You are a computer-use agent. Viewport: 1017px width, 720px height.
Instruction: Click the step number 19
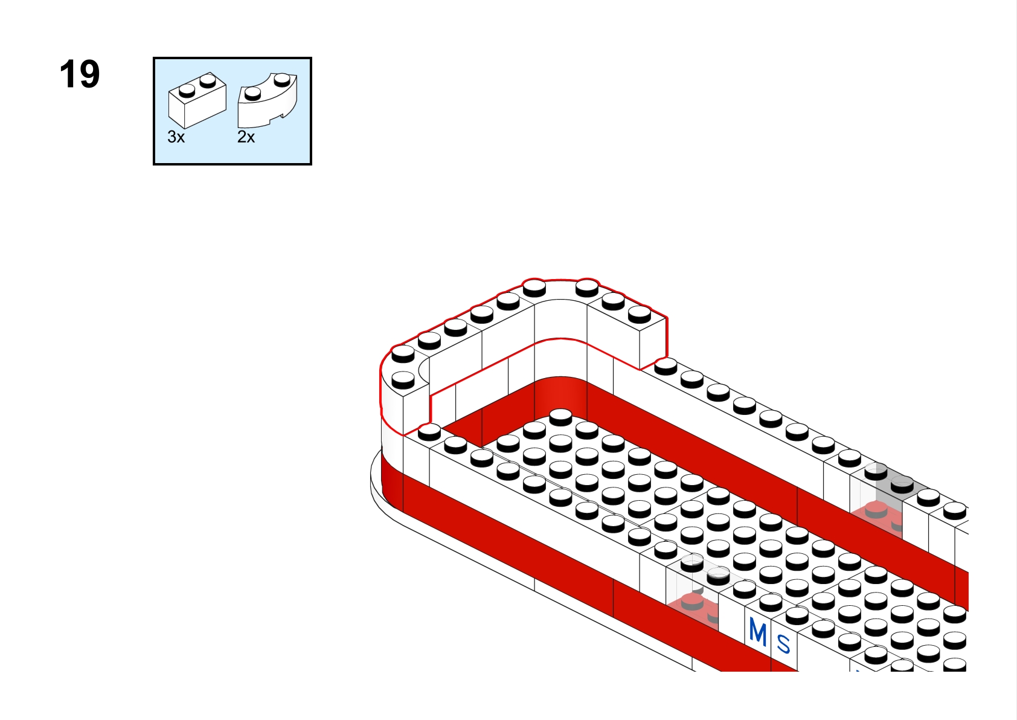(80, 74)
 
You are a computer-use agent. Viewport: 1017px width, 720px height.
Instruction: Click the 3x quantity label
(176, 137)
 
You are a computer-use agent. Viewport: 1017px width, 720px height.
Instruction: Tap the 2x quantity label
(246, 137)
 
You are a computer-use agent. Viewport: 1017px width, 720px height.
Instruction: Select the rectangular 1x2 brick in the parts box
(197, 100)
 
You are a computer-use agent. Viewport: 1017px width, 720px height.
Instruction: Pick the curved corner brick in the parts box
(268, 100)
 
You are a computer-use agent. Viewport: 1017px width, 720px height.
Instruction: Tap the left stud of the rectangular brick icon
(187, 91)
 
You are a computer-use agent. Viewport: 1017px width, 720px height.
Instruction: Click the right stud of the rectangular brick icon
(208, 81)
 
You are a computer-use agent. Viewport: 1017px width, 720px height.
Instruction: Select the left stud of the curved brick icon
(252, 94)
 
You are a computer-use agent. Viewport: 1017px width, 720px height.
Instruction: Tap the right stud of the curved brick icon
(282, 80)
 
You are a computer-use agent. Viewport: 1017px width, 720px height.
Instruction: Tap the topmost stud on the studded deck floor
(560, 417)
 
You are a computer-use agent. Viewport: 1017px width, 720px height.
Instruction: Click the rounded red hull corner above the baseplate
(391, 481)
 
